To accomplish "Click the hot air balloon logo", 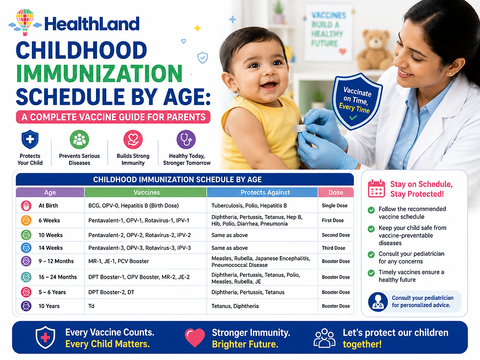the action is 25,22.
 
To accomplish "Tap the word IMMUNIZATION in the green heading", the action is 99,73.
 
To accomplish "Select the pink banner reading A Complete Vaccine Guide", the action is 113,117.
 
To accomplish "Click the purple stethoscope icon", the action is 186,140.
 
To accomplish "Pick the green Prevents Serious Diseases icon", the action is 79,140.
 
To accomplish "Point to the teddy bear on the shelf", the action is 375,50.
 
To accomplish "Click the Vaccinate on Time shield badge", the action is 357,101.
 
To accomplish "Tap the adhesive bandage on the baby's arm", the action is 299,129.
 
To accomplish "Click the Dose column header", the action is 336,192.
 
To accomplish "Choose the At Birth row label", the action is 48,206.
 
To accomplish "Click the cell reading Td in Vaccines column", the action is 91,306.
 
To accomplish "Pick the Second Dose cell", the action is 336,235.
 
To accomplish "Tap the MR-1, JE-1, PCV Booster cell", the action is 119,262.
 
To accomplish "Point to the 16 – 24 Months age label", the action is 58,277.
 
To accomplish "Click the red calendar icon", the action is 376,189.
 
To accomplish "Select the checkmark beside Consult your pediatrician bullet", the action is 371,254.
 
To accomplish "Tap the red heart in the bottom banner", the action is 195,337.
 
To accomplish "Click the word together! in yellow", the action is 362,344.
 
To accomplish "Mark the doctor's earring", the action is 450,73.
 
